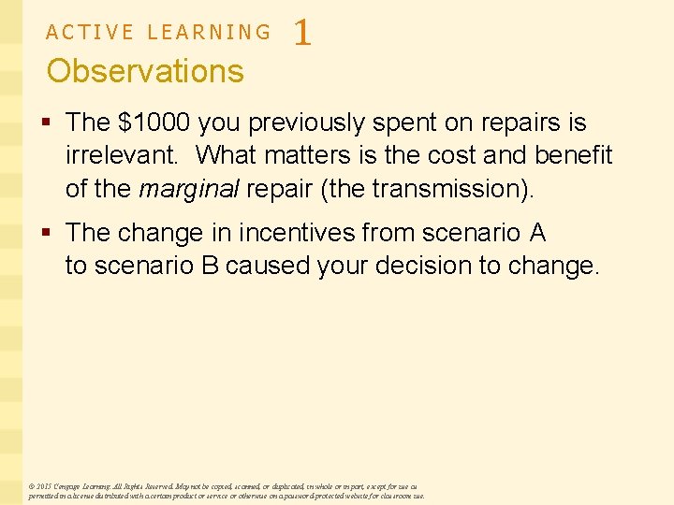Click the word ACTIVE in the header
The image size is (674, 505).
click(x=90, y=33)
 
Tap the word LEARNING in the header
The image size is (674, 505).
click(x=209, y=33)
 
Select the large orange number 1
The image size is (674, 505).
click(x=301, y=35)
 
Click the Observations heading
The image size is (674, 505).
click(x=145, y=71)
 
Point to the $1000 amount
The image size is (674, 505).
click(x=152, y=123)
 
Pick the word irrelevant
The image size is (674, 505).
click(x=122, y=155)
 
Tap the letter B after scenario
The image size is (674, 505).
click(x=210, y=266)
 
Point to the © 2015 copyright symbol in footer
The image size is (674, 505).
click(x=32, y=487)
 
